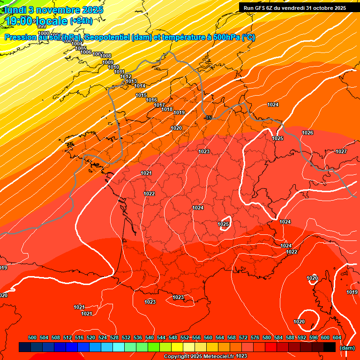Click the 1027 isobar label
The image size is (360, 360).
341,151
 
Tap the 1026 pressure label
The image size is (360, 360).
307,133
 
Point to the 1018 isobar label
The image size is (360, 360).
167,109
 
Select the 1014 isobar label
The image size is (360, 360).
140,86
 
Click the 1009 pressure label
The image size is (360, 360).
108,62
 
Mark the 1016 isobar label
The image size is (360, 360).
151,100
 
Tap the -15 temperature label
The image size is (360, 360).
209,118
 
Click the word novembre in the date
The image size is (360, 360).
54,9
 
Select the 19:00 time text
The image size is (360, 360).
19,21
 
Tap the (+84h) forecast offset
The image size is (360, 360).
81,21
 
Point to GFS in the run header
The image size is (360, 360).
263,7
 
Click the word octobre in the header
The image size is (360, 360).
322,7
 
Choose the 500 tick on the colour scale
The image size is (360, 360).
32,338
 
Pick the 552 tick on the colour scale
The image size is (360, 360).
185,338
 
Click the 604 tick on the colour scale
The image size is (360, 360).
337,338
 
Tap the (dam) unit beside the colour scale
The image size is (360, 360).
347,348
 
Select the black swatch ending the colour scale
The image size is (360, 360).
330,347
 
